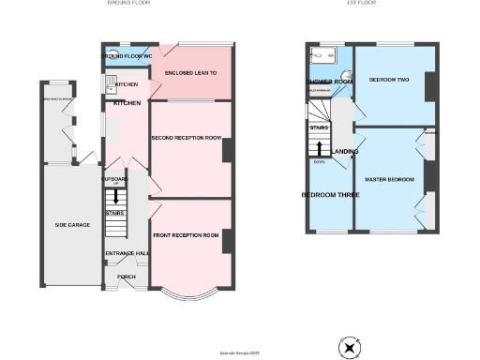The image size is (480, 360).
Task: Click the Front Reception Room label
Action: click(x=185, y=234)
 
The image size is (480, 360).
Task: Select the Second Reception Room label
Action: click(x=186, y=138)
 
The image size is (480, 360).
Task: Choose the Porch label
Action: click(x=126, y=277)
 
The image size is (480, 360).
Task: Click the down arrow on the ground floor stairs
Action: click(x=116, y=197)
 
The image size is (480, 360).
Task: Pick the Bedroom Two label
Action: click(x=388, y=80)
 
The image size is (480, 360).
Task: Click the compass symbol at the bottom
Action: click(x=350, y=348)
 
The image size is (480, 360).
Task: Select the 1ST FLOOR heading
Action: click(x=361, y=4)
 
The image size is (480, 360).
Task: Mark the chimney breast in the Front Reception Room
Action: click(x=227, y=241)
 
